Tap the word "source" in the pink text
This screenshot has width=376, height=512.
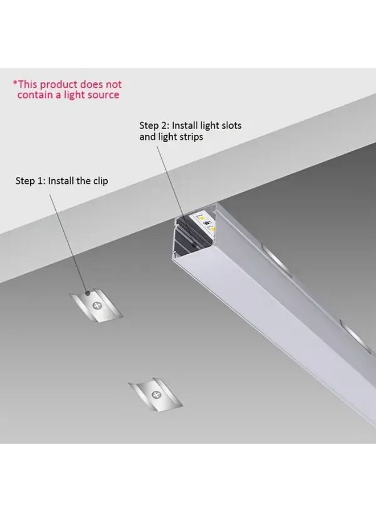click(x=103, y=95)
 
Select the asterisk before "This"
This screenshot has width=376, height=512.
click(x=15, y=83)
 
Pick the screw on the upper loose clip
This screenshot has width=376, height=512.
click(x=97, y=305)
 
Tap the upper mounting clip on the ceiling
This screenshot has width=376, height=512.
click(x=96, y=307)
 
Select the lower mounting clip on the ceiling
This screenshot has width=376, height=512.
click(x=155, y=395)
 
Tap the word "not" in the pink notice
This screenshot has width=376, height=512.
click(x=113, y=85)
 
